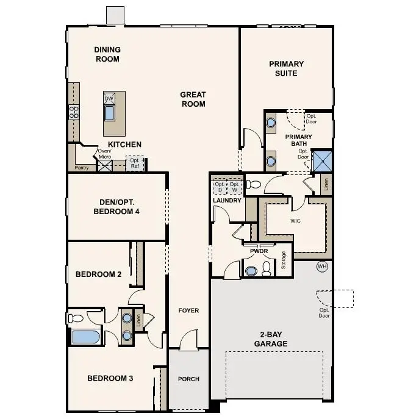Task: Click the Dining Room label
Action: point(107,54)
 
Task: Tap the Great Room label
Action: point(193,99)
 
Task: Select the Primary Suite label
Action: point(286,68)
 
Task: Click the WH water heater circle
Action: point(322,266)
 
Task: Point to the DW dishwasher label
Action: point(109,99)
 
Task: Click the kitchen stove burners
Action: point(74,112)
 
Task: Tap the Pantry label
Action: point(82,167)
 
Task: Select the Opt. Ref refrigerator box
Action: point(135,163)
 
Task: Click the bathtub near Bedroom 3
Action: point(85,337)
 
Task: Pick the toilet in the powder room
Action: point(267,269)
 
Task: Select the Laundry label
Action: point(227,200)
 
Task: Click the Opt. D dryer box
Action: point(219,186)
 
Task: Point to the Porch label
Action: point(188,379)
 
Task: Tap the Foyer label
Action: point(188,310)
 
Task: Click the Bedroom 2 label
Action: point(98,274)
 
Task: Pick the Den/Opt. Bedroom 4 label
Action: point(116,207)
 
